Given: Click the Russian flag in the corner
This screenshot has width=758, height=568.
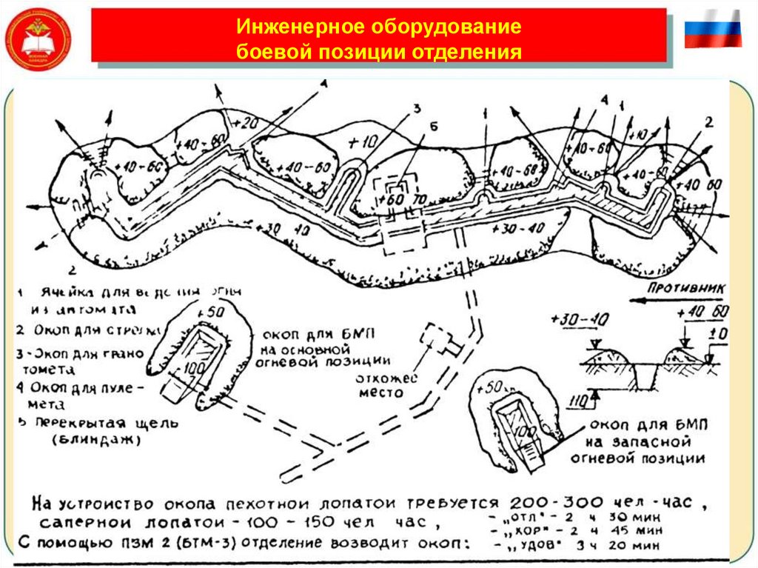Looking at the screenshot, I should [712, 30].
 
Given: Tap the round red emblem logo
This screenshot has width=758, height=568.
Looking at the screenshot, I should [38, 39].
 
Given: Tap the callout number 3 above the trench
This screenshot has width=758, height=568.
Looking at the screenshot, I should [416, 109].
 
